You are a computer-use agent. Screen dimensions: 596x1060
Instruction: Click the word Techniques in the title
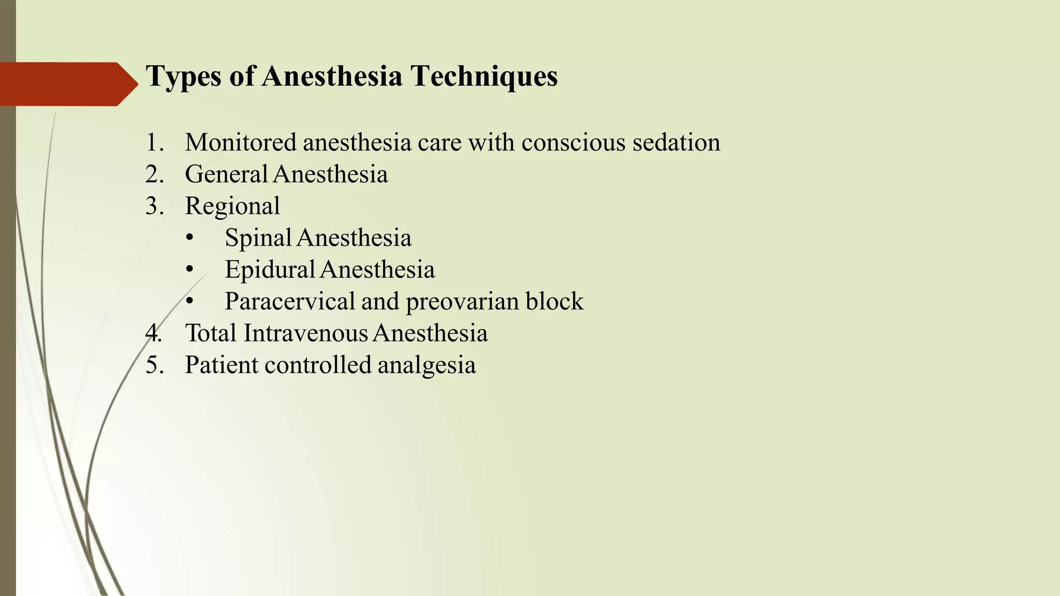pyautogui.click(x=484, y=77)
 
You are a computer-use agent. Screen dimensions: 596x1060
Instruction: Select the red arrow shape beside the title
pyautogui.click(x=67, y=84)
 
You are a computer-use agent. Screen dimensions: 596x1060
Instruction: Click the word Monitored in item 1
pyautogui.click(x=241, y=142)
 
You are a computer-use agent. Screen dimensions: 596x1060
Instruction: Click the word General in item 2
pyautogui.click(x=226, y=174)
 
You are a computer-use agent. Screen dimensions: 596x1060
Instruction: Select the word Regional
pyautogui.click(x=232, y=206)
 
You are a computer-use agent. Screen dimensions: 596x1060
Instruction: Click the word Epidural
pyautogui.click(x=270, y=270)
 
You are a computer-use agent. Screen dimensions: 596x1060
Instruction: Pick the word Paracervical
pyautogui.click(x=289, y=302)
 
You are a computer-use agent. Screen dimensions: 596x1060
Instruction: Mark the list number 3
pyautogui.click(x=154, y=206)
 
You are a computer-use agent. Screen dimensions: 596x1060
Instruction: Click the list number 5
pyautogui.click(x=154, y=365)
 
